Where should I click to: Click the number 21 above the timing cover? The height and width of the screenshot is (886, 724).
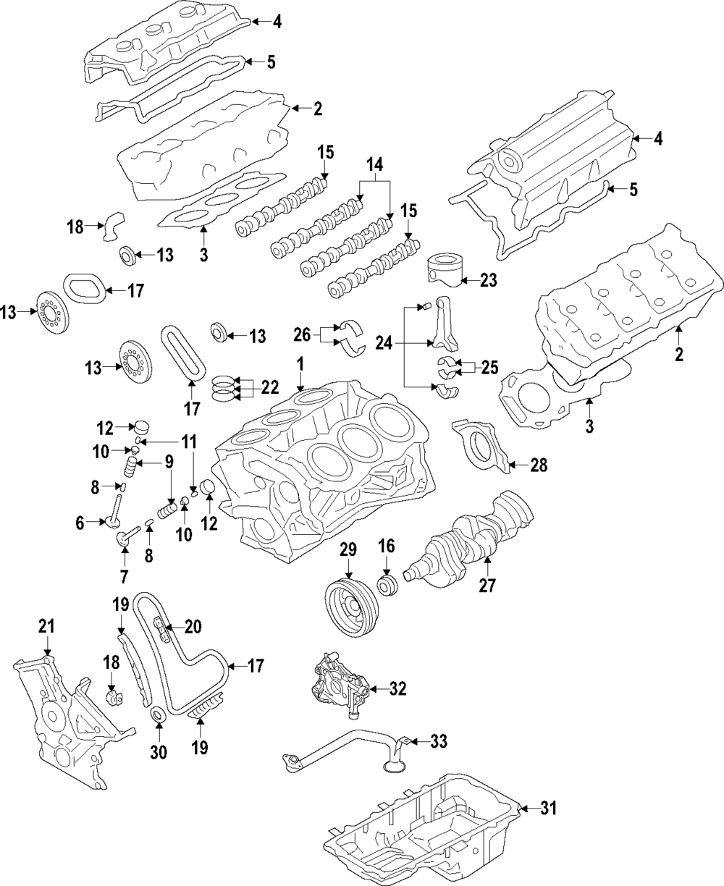tap(46, 626)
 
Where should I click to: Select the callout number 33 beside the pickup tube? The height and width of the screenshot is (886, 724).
tap(438, 741)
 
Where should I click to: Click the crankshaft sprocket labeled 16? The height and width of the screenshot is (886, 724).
tap(387, 585)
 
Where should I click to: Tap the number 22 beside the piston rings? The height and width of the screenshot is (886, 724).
tap(269, 388)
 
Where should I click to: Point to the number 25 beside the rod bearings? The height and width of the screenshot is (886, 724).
tap(489, 367)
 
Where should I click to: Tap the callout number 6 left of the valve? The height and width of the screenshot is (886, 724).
tap(80, 520)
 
